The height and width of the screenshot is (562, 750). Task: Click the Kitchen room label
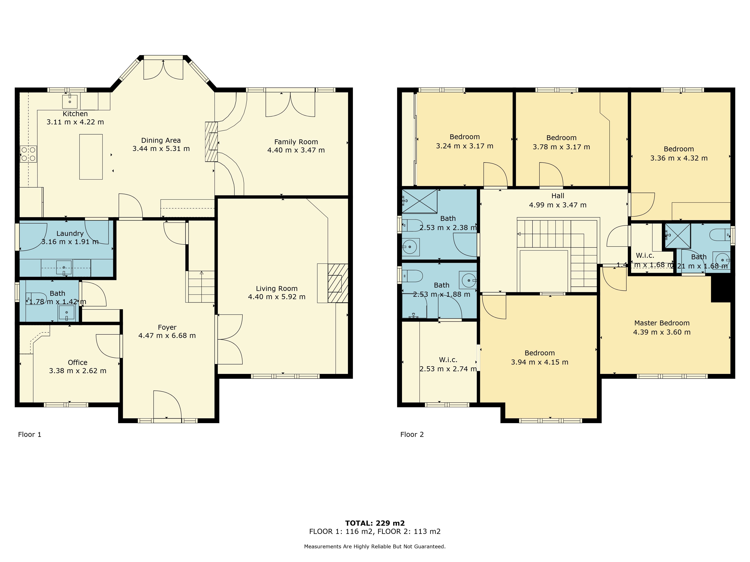[x=75, y=114]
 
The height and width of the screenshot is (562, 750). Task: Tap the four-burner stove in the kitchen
[x=28, y=154]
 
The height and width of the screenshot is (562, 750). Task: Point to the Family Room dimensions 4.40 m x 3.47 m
[x=296, y=150]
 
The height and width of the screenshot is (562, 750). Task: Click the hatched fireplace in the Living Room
[x=338, y=283]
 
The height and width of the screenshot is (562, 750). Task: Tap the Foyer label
[x=167, y=327]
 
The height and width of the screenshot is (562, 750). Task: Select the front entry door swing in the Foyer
[x=167, y=405]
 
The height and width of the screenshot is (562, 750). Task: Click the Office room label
[x=78, y=362]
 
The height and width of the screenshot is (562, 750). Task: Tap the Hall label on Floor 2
[x=558, y=196]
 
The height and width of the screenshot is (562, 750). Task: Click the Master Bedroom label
[x=662, y=323]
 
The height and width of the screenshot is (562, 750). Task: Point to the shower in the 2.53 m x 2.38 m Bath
[x=419, y=201]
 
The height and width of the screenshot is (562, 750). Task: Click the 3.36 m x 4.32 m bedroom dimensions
[x=679, y=158]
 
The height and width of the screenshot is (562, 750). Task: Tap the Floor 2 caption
[x=412, y=435]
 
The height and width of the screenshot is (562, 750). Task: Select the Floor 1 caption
[x=29, y=435]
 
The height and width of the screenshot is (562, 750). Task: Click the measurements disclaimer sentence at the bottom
[x=375, y=546]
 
